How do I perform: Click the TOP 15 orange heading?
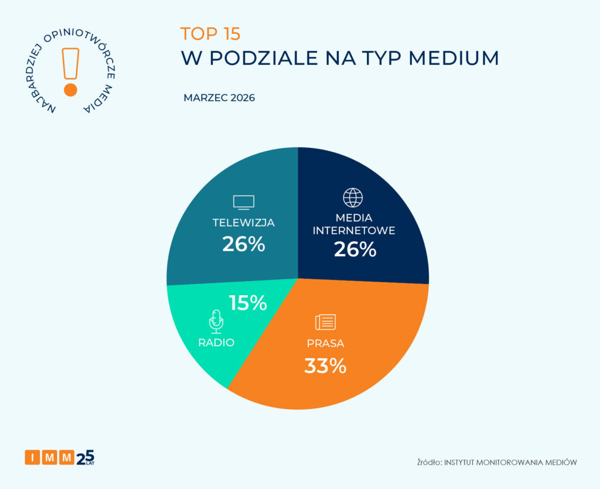(x=210, y=34)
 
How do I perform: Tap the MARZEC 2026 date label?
(x=219, y=98)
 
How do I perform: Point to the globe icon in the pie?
(x=353, y=198)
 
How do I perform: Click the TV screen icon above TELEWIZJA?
(x=244, y=202)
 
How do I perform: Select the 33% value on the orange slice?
(x=325, y=366)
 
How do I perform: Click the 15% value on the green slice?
(x=248, y=303)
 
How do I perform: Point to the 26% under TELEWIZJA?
(x=244, y=244)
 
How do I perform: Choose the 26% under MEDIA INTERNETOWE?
(x=354, y=250)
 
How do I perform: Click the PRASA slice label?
(x=325, y=343)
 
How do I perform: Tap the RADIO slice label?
(x=216, y=343)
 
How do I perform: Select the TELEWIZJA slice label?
(x=244, y=223)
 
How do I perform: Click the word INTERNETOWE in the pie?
(x=354, y=230)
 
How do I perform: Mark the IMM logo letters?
(x=50, y=457)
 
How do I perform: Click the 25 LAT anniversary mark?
(x=86, y=456)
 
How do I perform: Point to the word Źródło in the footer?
(x=429, y=462)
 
